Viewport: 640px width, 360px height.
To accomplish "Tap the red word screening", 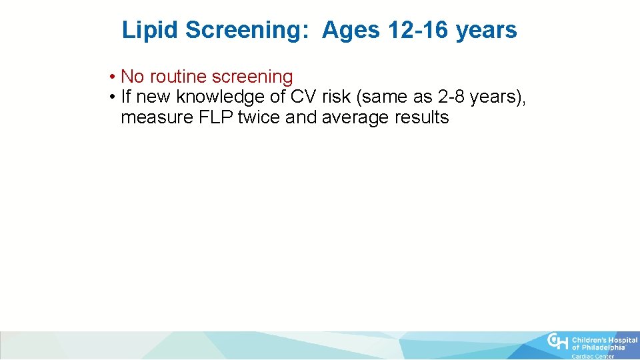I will coord(252,77).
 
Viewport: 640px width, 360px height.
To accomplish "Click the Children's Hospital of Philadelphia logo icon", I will coord(557,342).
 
